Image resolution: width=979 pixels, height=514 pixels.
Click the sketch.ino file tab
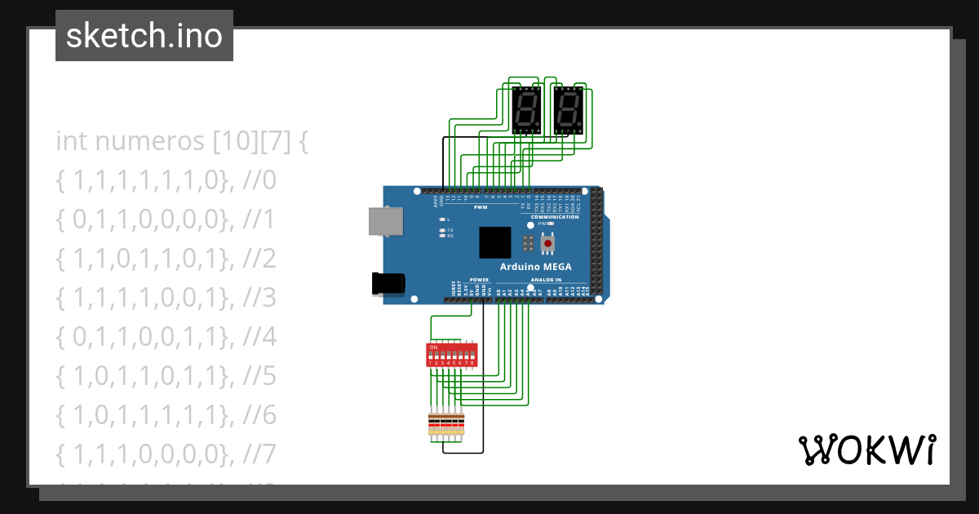pyautogui.click(x=144, y=36)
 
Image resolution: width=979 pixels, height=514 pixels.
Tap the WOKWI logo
pyautogui.click(x=866, y=450)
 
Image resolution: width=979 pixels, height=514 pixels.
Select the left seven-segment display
pyautogui.click(x=526, y=110)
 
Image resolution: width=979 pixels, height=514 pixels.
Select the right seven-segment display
pyautogui.click(x=568, y=110)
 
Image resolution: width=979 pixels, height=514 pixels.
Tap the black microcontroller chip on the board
pyautogui.click(x=495, y=242)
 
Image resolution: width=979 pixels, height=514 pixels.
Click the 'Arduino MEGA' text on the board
pyautogui.click(x=535, y=267)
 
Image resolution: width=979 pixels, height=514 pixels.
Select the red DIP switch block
pyautogui.click(x=451, y=355)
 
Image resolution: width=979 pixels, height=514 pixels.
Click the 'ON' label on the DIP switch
pyautogui.click(x=433, y=348)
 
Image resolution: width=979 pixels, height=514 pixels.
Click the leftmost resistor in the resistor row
pyautogui.click(x=432, y=425)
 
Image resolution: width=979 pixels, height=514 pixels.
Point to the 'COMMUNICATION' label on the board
pyautogui.click(x=554, y=217)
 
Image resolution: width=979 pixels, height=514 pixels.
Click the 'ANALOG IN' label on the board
pyautogui.click(x=546, y=280)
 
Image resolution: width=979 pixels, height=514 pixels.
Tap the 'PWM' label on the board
pyautogui.click(x=491, y=208)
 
